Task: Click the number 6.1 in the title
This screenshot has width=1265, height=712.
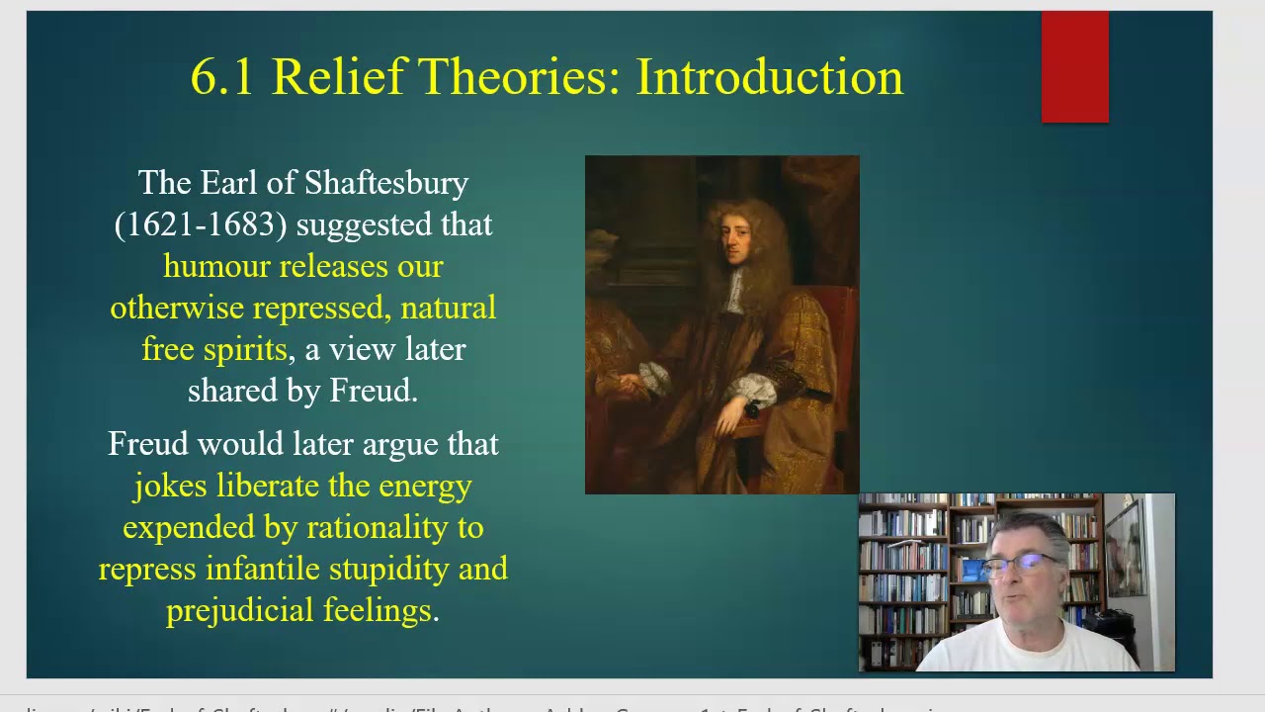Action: (x=222, y=77)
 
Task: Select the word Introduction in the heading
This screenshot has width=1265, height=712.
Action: (x=769, y=77)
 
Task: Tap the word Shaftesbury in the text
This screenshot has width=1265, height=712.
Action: (x=385, y=184)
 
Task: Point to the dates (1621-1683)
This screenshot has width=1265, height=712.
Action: (x=201, y=225)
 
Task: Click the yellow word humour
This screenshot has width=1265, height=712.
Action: (x=216, y=267)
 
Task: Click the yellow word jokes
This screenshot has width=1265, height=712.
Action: (x=171, y=487)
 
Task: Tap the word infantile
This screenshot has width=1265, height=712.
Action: (x=263, y=570)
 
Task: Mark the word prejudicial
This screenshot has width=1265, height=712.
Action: (x=235, y=611)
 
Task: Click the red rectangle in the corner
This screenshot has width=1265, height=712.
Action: (x=1074, y=67)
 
